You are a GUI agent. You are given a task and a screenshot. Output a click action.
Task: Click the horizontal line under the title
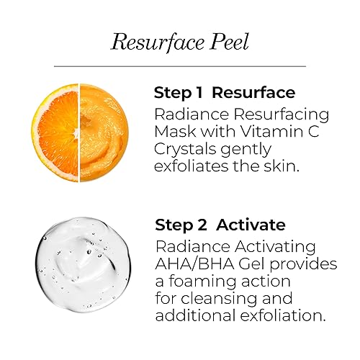pos(180,66)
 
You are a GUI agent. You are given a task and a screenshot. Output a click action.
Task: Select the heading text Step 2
pos(179,225)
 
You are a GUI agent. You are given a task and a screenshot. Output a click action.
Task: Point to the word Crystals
pos(185,150)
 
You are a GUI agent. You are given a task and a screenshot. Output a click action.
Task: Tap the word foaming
pos(206,281)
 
